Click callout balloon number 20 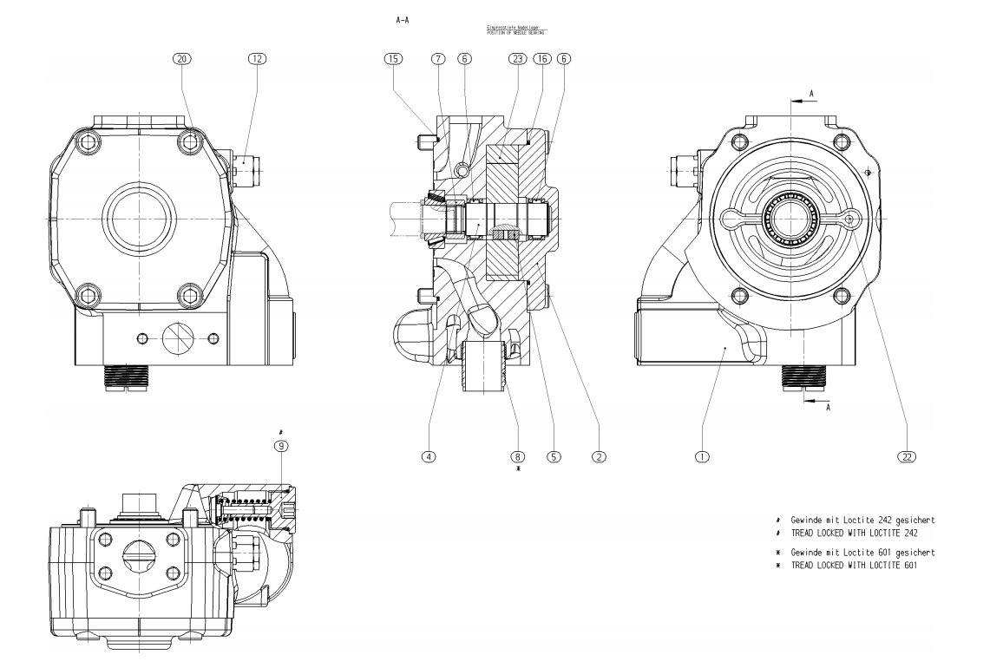coord(182,59)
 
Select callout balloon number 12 coord(257,59)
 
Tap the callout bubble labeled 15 coord(393,59)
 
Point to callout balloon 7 coord(437,59)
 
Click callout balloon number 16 coord(542,59)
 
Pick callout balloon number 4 coord(428,455)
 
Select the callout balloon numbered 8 coord(518,455)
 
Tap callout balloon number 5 coord(554,455)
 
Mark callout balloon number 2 coord(599,455)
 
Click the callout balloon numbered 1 coord(702,455)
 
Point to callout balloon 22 coord(907,455)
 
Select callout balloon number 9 coord(281,446)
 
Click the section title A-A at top coord(402,18)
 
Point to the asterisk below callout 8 coord(518,468)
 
